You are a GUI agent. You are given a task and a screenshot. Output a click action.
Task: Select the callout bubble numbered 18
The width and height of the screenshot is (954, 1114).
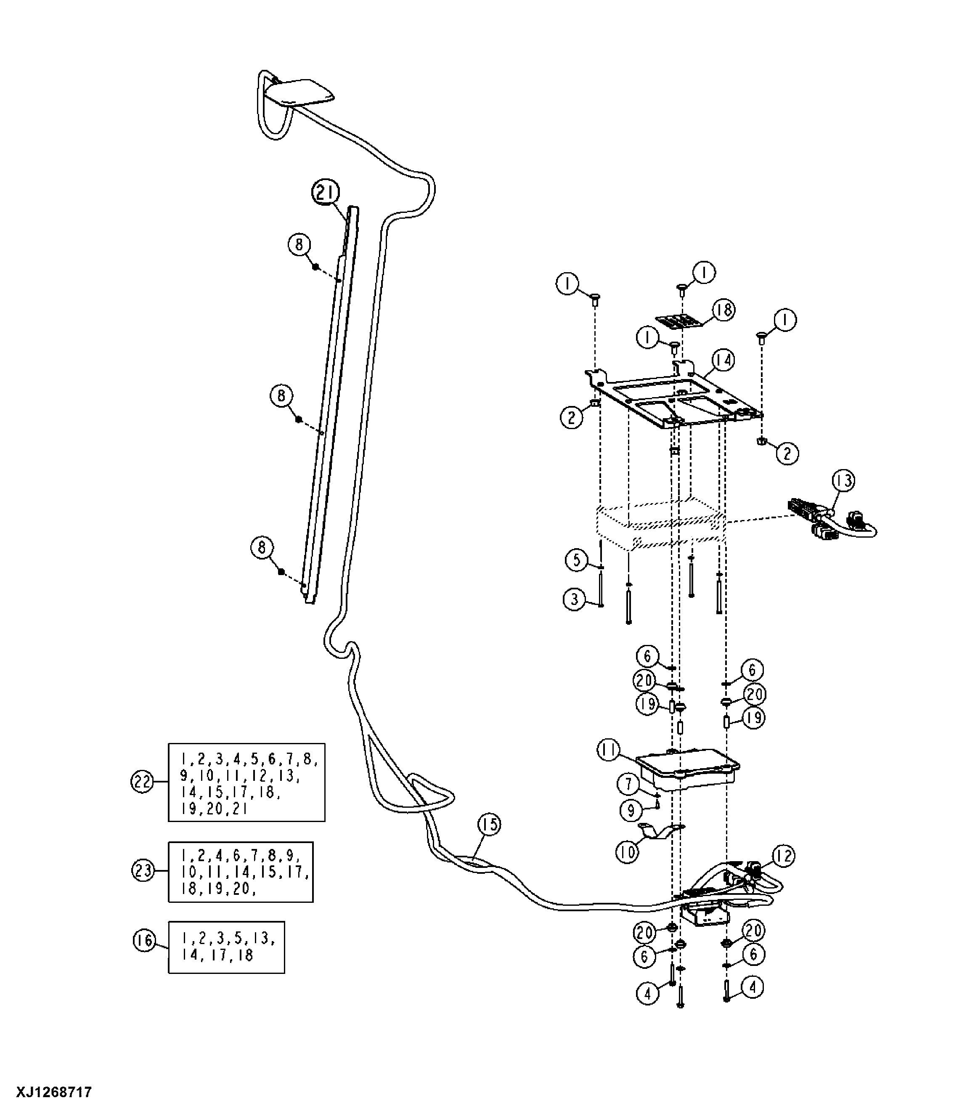pyautogui.click(x=724, y=310)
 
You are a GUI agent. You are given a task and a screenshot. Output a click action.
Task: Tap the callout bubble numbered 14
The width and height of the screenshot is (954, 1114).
pyautogui.click(x=723, y=360)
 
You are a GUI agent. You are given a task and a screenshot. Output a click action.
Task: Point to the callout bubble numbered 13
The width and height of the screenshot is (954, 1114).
pyautogui.click(x=844, y=480)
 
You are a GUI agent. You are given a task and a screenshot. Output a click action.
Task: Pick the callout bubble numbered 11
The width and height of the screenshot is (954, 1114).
pyautogui.click(x=609, y=751)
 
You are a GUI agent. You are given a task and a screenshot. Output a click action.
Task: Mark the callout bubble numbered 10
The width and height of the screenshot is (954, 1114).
pyautogui.click(x=627, y=851)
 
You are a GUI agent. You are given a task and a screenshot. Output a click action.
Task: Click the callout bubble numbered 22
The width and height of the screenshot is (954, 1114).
pyautogui.click(x=143, y=782)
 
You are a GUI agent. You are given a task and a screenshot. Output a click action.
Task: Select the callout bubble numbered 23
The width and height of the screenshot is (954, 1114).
pyautogui.click(x=143, y=870)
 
